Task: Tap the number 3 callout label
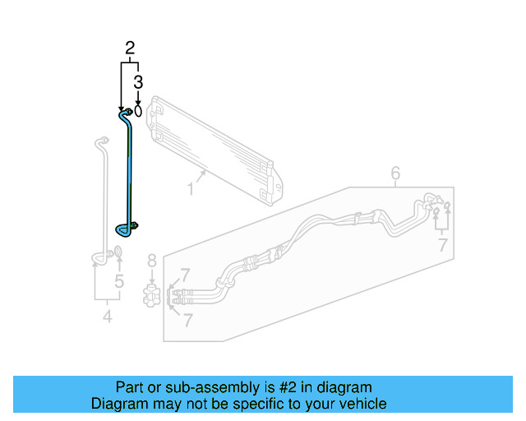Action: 138,81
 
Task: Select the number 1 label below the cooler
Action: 190,189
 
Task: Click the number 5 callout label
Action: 119,282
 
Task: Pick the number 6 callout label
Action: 395,173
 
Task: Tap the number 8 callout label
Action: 151,261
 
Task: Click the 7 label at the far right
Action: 442,244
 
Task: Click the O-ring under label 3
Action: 138,109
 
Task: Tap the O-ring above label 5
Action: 117,252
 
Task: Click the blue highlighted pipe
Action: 129,173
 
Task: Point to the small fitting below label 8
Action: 150,294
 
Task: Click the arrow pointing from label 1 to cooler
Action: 201,175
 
